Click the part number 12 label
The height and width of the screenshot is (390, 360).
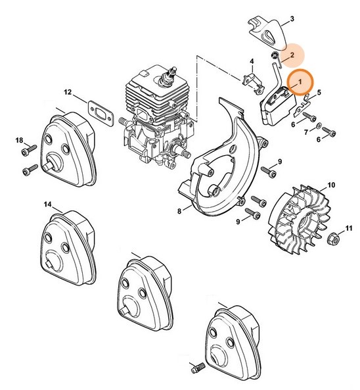[68, 93]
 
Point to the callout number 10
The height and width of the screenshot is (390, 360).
[331, 185]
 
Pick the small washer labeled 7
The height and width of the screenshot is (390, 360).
[318, 126]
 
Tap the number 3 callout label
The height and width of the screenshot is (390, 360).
[292, 19]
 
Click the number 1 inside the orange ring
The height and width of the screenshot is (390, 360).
[300, 82]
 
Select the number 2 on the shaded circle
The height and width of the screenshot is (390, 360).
[292, 55]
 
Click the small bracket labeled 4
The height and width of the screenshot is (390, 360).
[253, 83]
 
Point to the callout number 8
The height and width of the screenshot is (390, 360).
[179, 211]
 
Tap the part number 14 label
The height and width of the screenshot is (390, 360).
[48, 205]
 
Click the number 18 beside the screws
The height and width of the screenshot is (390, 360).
[19, 141]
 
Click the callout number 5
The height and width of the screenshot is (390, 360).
[319, 93]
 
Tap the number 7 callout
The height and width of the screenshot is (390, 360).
[306, 132]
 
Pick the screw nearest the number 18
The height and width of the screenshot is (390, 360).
[29, 150]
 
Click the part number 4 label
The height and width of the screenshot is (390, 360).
[252, 61]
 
